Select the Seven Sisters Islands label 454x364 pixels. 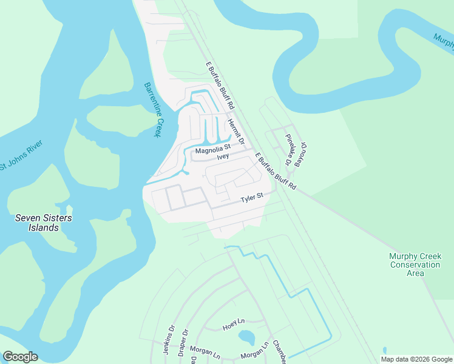tap(37, 223)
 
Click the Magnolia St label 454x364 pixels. tap(213, 147)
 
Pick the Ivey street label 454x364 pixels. tap(223, 156)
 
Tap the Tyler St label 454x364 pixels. tap(251, 198)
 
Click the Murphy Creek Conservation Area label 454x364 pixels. tap(415, 265)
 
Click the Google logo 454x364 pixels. tap(20, 357)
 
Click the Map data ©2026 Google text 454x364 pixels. tap(416, 359)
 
